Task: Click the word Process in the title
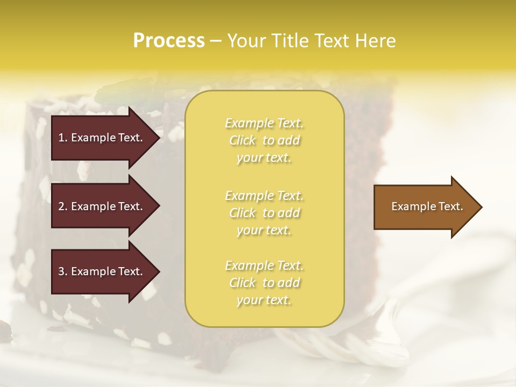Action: [169, 41]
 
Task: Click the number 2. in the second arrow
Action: [63, 206]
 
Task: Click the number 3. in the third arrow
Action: [63, 271]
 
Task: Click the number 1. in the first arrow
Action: [62, 138]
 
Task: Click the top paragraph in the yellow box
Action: [264, 140]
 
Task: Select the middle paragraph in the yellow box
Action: [264, 213]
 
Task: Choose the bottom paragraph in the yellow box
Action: [264, 283]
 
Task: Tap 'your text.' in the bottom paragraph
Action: [264, 300]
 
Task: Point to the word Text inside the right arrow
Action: [450, 206]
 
